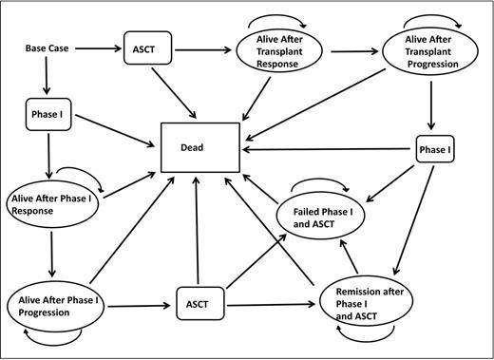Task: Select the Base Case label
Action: [49, 46]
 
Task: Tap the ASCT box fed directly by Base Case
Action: [146, 46]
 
